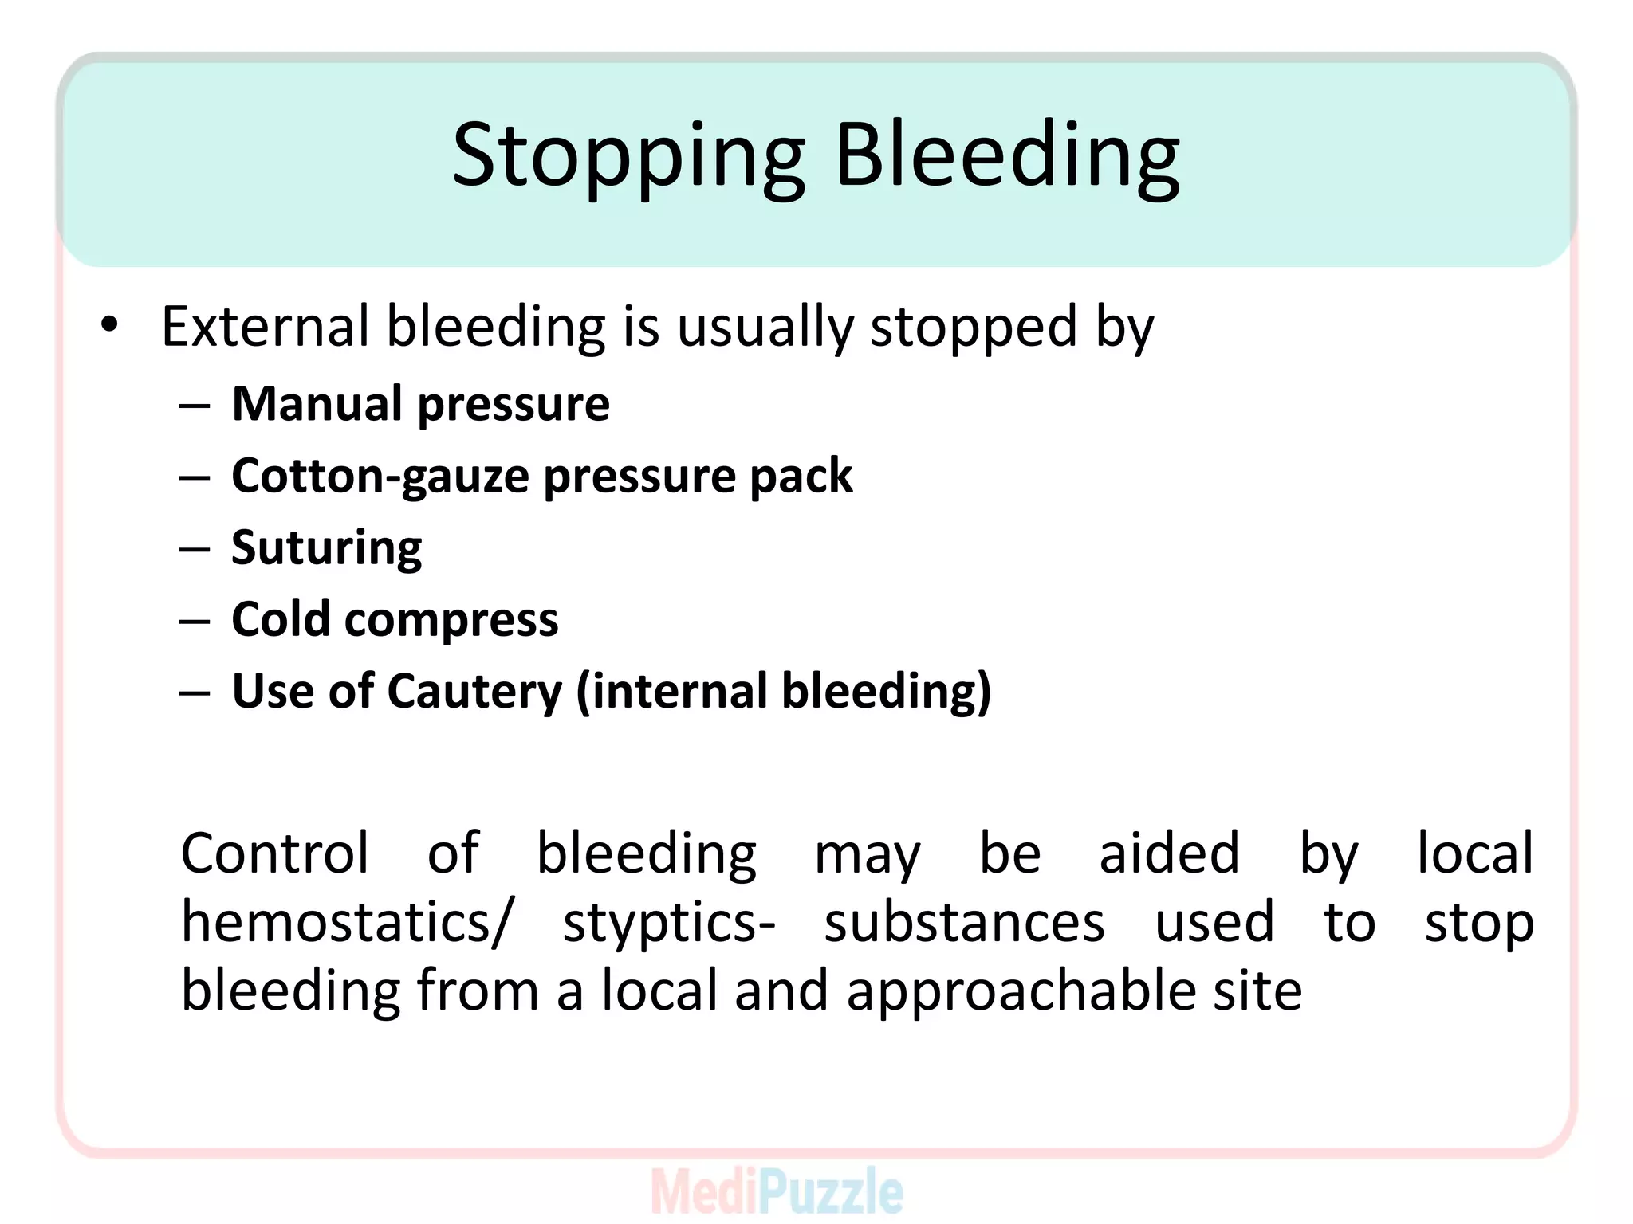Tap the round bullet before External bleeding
point(110,325)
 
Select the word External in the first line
point(265,327)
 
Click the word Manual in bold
point(316,403)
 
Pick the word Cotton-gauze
point(380,477)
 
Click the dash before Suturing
point(195,549)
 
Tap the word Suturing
point(326,548)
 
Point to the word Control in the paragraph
point(275,853)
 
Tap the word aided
point(1169,853)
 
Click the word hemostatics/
point(348,923)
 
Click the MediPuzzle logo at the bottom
point(777,1191)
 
